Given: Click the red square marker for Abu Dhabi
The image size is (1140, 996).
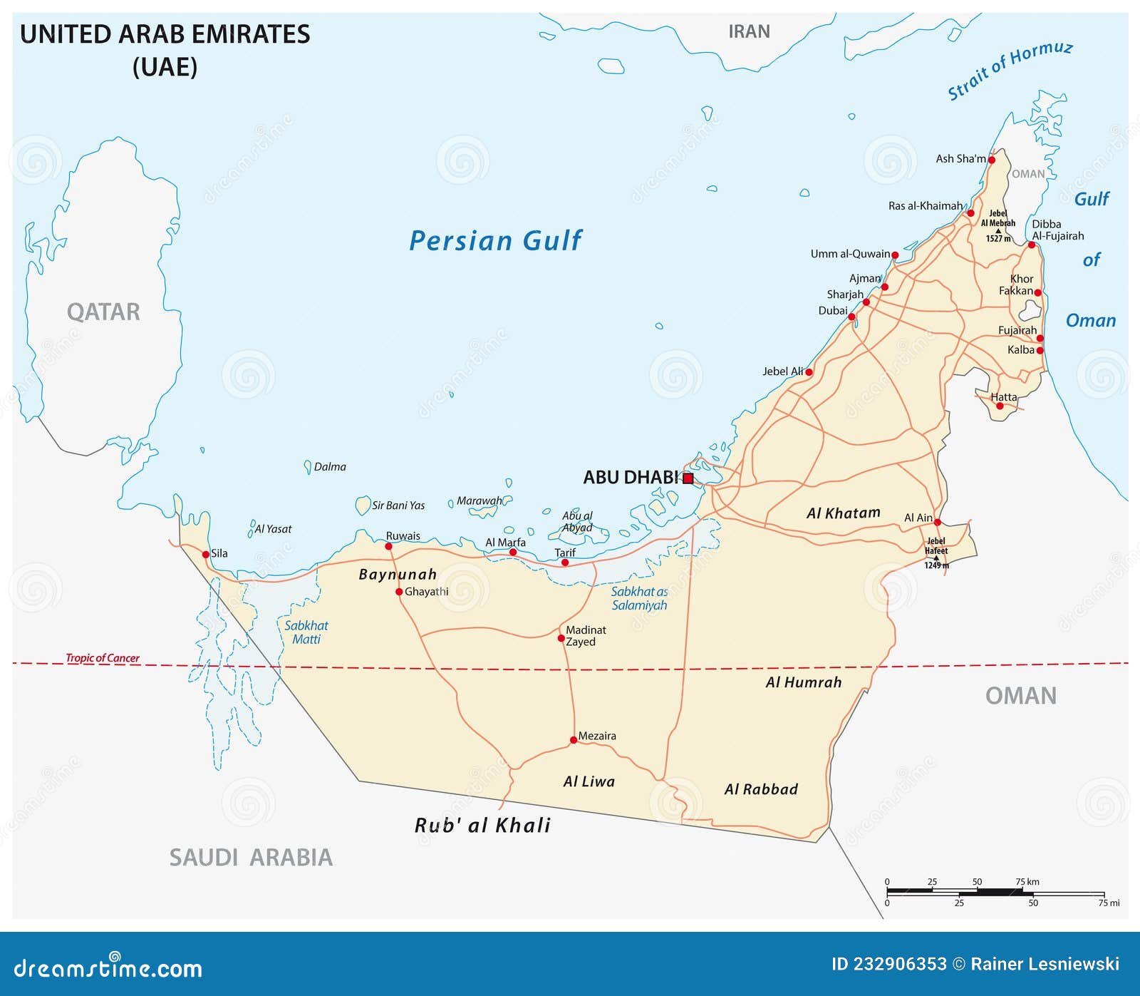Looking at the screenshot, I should pyautogui.click(x=688, y=478).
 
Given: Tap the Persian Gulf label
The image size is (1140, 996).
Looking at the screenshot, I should pyautogui.click(x=495, y=241).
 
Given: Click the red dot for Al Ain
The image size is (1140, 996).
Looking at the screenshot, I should pyautogui.click(x=937, y=522).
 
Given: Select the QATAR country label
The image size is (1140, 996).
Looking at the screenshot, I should pyautogui.click(x=103, y=312).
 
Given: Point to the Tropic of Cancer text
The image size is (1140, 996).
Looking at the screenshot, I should pyautogui.click(x=103, y=657).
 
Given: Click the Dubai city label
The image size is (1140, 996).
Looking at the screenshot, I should pyautogui.click(x=832, y=310).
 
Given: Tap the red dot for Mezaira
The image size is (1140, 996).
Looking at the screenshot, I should pyautogui.click(x=574, y=740).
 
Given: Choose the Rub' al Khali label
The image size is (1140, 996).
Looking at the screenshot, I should pyautogui.click(x=482, y=825).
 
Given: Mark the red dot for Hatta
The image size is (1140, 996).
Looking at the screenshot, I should pyautogui.click(x=999, y=406).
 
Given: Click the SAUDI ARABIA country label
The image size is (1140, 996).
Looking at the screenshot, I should pyautogui.click(x=251, y=857).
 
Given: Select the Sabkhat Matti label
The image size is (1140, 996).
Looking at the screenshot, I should pyautogui.click(x=306, y=632).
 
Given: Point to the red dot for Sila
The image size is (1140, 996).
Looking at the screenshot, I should pyautogui.click(x=206, y=554).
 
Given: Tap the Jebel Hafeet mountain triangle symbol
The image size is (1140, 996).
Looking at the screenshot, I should pyautogui.click(x=936, y=558).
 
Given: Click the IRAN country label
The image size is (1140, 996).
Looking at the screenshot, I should pyautogui.click(x=749, y=31).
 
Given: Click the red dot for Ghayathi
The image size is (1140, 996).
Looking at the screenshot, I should pyautogui.click(x=399, y=592).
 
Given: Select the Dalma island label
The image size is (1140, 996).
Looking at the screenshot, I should pyautogui.click(x=330, y=467).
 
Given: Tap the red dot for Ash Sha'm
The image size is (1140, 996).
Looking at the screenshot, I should pyautogui.click(x=991, y=160).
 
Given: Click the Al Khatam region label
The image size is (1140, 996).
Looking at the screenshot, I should pyautogui.click(x=843, y=513).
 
